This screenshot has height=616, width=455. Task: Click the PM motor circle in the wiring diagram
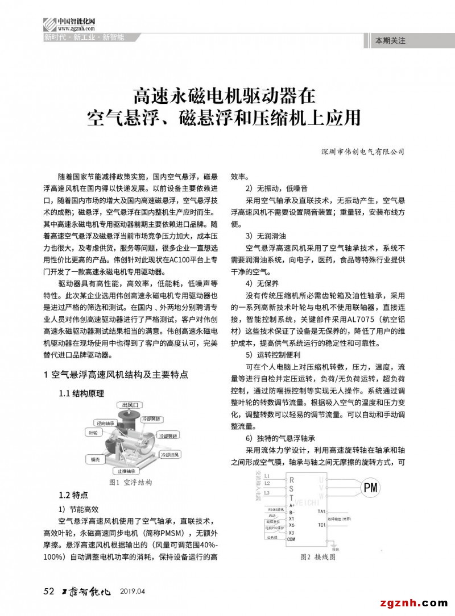coord(370,488)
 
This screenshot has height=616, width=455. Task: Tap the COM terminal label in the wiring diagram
coord(291,539)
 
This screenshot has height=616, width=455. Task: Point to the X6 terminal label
coord(291,525)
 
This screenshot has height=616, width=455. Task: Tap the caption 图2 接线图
coord(318,557)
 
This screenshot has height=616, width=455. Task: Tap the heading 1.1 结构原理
coord(82,393)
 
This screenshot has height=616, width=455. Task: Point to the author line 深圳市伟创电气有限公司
coord(362,152)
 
